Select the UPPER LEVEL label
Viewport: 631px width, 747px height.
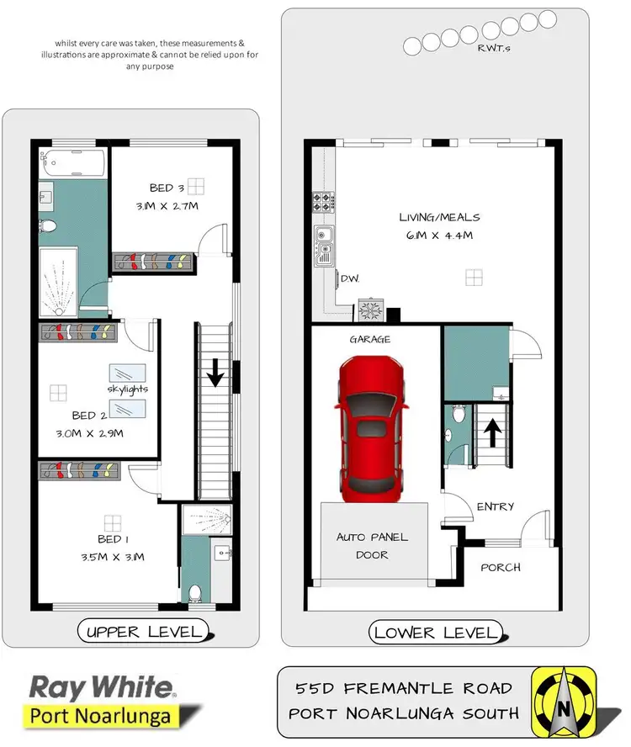point(141,631)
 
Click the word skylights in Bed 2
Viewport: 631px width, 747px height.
point(128,389)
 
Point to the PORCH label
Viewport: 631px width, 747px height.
point(501,567)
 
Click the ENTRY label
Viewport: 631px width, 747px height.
point(496,506)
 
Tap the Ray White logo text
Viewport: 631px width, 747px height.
point(102,687)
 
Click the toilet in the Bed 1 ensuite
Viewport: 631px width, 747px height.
point(196,592)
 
